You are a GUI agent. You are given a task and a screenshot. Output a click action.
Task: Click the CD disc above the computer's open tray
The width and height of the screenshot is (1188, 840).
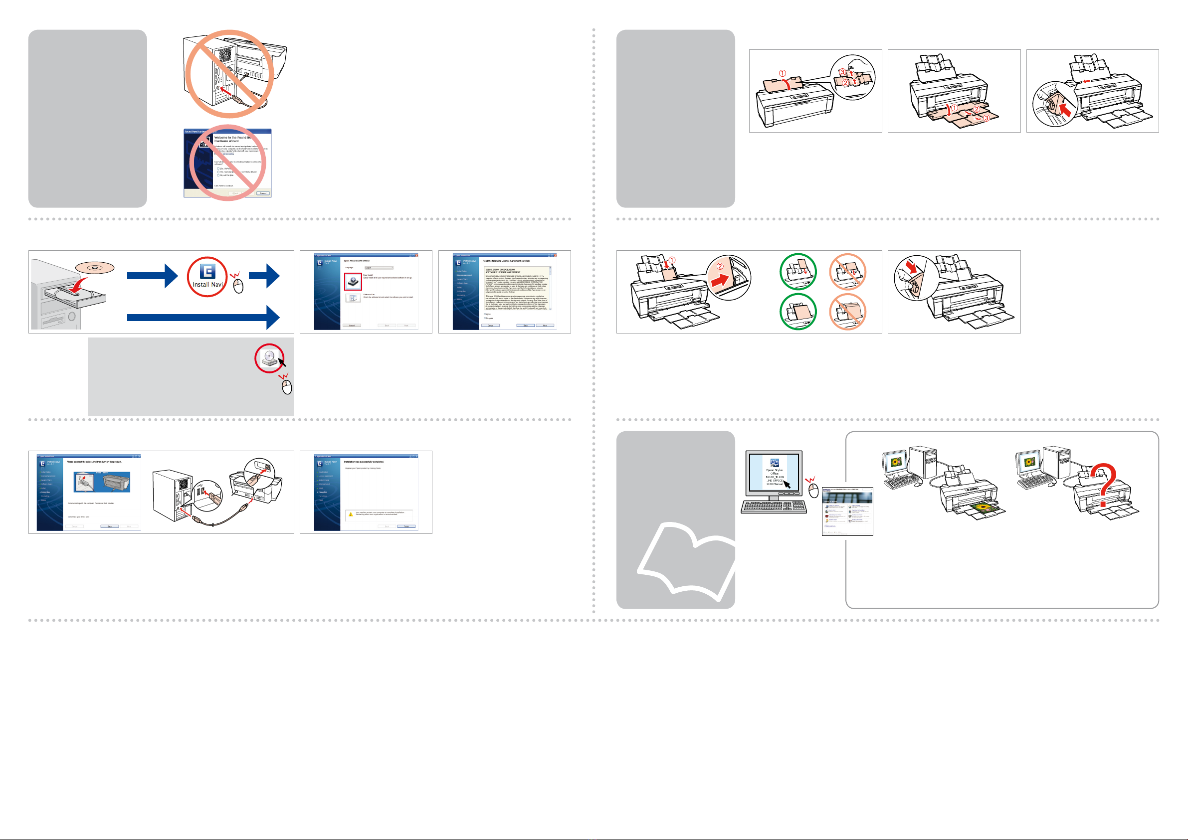click(x=94, y=268)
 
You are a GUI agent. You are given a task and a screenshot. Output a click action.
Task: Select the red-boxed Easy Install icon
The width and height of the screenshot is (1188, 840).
click(x=353, y=281)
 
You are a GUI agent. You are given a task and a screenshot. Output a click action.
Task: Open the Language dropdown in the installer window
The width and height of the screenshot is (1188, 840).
click(x=379, y=268)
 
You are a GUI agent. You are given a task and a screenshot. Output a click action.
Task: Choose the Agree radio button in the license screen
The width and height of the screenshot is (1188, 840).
click(x=485, y=314)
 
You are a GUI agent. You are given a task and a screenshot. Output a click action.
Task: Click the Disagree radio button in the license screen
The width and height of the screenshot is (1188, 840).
click(x=485, y=318)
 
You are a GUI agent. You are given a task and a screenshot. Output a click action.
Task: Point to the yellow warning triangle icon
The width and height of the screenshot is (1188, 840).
click(x=350, y=514)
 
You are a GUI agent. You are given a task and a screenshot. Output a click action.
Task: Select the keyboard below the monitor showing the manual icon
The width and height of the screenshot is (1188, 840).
click(x=774, y=507)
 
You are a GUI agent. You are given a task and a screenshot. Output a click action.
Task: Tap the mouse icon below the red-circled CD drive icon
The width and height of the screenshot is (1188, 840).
click(x=287, y=386)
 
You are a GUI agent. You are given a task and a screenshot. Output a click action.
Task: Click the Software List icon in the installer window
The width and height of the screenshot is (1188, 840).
click(x=353, y=299)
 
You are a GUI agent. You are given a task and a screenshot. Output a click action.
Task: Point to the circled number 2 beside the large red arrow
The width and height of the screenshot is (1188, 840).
click(x=720, y=266)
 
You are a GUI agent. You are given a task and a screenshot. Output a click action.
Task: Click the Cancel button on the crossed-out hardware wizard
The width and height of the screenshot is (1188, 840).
click(x=263, y=193)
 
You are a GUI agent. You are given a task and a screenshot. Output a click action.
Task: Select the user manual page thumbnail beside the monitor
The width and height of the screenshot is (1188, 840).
click(x=847, y=511)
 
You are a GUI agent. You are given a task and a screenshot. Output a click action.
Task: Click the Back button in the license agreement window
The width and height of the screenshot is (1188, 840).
click(x=525, y=326)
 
